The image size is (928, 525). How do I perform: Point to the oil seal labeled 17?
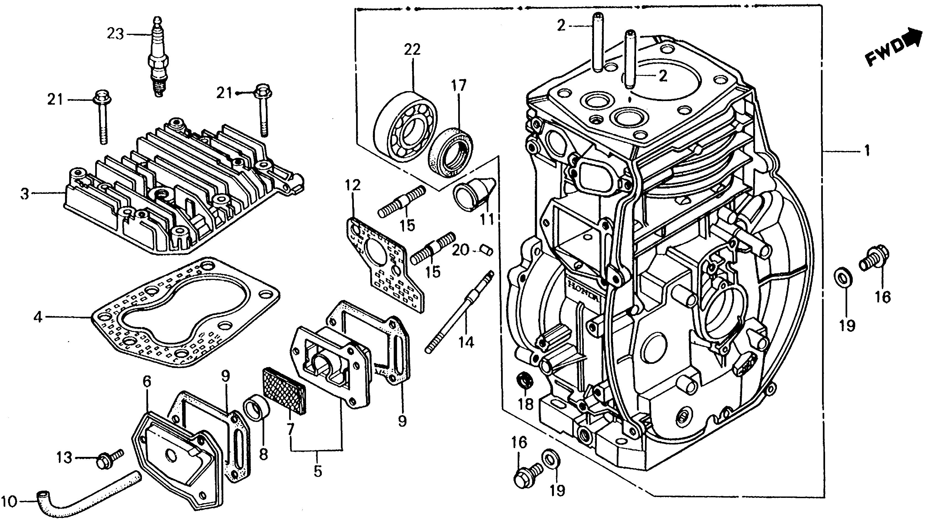452,151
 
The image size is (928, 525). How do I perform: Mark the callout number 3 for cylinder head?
25,194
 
